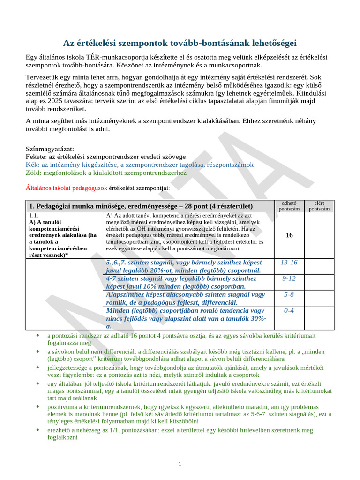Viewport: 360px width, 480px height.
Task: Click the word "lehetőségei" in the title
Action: (x=267, y=43)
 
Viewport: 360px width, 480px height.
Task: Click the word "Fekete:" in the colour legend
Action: (x=36, y=157)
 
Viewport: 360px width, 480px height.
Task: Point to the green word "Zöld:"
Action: (x=34, y=172)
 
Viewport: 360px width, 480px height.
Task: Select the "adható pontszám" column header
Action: (x=289, y=206)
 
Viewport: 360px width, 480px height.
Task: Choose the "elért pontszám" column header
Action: (x=319, y=206)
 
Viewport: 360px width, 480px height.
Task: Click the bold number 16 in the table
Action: (x=289, y=235)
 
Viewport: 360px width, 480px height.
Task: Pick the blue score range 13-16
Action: (x=289, y=262)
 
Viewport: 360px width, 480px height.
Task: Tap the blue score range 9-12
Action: (x=289, y=278)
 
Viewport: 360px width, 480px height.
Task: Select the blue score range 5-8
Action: (x=289, y=294)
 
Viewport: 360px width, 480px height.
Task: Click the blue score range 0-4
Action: (x=289, y=310)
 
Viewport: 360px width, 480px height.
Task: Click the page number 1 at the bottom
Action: (x=180, y=464)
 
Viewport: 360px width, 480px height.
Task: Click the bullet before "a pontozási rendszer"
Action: (x=37, y=336)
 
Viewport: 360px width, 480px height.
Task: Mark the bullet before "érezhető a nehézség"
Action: (x=37, y=430)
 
